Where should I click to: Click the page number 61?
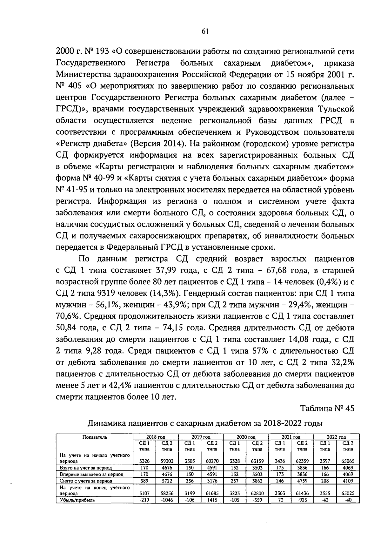click(205, 31)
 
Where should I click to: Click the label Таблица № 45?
click(327, 408)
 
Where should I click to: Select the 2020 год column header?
click(246, 437)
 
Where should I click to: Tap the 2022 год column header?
click(336, 437)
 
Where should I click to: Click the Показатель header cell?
click(95, 437)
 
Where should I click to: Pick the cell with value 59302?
click(167, 461)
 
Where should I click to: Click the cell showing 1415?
click(212, 500)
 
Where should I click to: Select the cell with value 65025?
click(348, 493)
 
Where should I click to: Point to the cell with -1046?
click(167, 500)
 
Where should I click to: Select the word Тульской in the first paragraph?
click(336, 109)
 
